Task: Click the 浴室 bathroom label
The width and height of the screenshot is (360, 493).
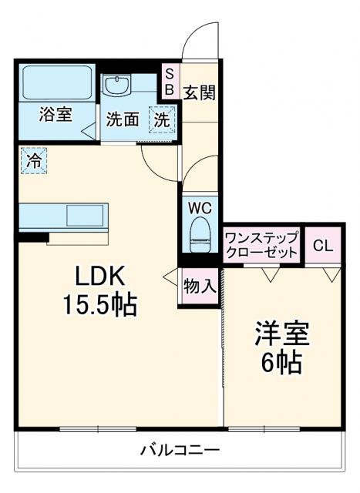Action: point(56,114)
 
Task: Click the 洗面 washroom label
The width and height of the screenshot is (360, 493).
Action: point(122,119)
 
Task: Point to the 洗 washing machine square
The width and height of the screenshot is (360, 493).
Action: point(161,119)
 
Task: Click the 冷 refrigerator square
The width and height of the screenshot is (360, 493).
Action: point(33,161)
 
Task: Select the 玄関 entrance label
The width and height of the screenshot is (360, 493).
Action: point(198,92)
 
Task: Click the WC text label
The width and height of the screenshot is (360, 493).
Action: point(200,208)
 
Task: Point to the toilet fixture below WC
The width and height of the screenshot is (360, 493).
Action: point(200,233)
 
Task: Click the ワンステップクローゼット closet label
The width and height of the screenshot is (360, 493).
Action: point(261,245)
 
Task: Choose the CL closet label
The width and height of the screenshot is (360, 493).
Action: point(323,246)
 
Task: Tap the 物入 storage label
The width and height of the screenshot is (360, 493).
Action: point(199,286)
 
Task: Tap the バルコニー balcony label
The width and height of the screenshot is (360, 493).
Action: point(180,450)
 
